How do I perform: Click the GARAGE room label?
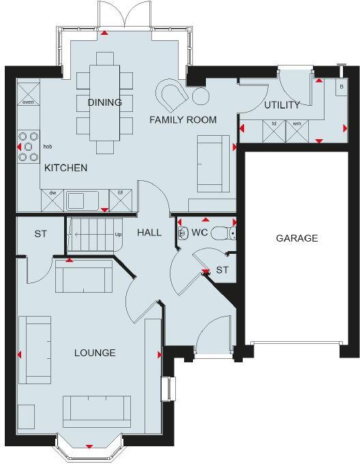297,238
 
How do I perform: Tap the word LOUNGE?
95,353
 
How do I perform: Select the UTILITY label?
282,105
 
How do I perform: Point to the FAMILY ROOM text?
183,120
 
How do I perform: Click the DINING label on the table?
104,102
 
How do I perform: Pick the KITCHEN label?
65,168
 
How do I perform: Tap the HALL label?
149,232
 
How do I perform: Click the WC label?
199,232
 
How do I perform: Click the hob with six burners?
29,146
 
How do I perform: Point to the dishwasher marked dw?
52,200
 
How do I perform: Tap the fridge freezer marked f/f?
120,200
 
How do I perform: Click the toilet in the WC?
222,233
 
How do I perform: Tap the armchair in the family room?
172,93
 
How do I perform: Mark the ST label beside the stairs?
40,234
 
